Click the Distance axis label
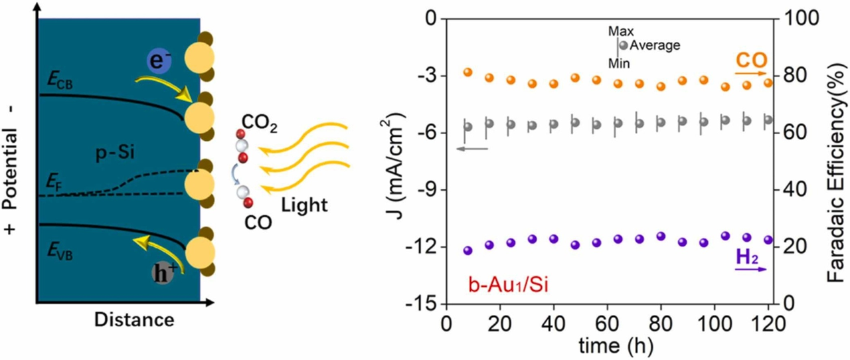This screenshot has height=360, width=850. (133, 320)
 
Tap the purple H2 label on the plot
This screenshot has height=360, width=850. (747, 256)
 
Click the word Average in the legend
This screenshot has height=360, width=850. (655, 46)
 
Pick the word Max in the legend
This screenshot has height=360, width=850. (622, 31)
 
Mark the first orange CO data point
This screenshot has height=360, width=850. (467, 72)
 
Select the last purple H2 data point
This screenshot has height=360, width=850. (768, 240)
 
